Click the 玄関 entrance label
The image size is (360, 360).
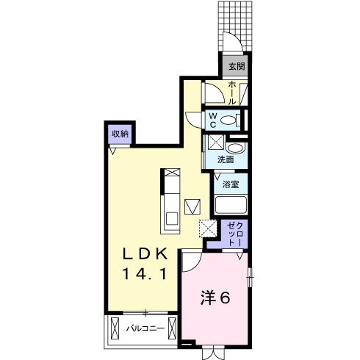[236, 67]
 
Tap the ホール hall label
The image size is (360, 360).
[232, 92]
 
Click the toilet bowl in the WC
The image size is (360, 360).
[230, 120]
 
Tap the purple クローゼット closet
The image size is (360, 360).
[233, 234]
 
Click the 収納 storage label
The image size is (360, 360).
[120, 134]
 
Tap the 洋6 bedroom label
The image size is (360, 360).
[216, 298]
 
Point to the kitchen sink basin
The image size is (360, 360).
[171, 217]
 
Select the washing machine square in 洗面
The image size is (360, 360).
[216, 143]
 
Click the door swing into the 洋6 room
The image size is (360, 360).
[191, 261]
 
